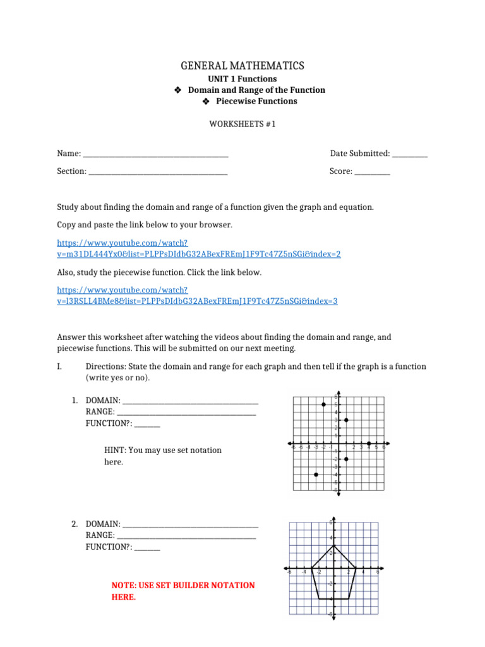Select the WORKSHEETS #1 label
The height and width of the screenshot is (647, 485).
tap(242, 124)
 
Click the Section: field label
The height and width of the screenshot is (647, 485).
tap(71, 171)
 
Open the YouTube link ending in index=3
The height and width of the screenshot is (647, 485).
tap(197, 301)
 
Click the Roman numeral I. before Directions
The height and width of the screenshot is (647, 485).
tap(60, 366)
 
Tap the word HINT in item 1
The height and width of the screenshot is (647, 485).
tap(114, 450)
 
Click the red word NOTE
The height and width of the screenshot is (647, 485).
tap(123, 586)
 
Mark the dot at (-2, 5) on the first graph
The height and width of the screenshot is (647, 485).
tap(324, 404)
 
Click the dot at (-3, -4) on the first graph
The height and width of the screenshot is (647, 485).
tap(316, 475)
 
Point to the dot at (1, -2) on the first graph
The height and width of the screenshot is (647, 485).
tap(347, 459)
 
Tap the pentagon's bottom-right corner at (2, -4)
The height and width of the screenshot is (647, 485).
tap(349, 598)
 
